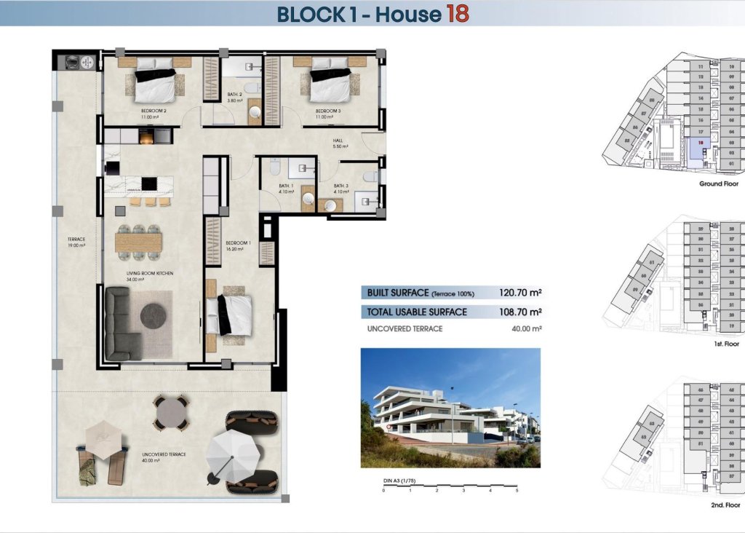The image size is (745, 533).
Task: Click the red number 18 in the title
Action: (457, 14)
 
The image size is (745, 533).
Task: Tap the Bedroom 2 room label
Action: (154, 112)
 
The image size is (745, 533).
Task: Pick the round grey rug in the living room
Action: (154, 316)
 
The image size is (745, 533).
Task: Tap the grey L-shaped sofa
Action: (121, 324)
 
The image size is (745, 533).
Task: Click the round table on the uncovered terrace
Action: (171, 412)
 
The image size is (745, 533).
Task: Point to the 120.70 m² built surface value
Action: (520, 293)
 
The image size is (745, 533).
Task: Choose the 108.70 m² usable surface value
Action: (520, 312)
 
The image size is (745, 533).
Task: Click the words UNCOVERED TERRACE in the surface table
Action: (405, 329)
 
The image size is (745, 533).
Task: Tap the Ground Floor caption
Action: (719, 184)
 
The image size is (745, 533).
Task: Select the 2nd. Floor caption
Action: (725, 505)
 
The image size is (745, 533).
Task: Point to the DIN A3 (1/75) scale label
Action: (399, 481)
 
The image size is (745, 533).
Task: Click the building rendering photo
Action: (450, 407)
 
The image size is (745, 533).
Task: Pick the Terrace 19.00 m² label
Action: (76, 242)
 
